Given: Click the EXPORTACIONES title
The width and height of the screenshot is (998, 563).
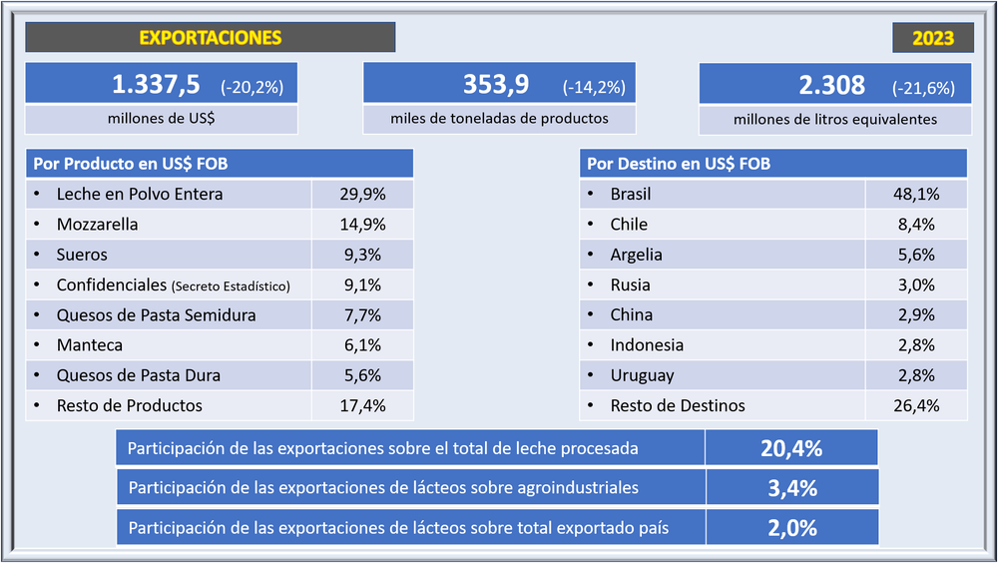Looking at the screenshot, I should [210, 38].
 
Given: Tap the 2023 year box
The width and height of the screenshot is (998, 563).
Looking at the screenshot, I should [933, 39].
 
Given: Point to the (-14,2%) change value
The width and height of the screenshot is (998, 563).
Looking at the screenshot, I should [594, 87].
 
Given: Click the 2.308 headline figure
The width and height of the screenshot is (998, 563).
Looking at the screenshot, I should [831, 86].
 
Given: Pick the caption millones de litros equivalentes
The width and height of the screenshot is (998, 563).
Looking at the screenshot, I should [834, 119].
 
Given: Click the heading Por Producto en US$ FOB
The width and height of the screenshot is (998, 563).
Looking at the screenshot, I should [131, 164].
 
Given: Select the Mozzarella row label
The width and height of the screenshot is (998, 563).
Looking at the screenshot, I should [97, 225].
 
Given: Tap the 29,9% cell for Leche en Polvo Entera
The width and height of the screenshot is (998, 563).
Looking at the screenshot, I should [363, 195].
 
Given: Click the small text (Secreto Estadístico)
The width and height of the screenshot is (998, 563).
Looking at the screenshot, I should [231, 286].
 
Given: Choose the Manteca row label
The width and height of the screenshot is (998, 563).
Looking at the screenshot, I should [89, 345].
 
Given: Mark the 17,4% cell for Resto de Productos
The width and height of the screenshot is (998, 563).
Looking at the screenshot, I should [363, 406].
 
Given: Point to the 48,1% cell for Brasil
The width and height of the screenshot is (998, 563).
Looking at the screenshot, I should [916, 195].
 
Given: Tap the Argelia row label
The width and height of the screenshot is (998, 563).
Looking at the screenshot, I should [636, 255].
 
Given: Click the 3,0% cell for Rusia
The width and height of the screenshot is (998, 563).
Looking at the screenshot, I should [916, 284].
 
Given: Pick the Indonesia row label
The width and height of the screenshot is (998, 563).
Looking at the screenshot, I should [647, 345].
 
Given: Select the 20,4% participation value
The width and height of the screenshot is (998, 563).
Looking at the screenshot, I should [790, 448].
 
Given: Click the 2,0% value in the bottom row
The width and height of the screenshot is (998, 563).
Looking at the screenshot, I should [792, 528].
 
